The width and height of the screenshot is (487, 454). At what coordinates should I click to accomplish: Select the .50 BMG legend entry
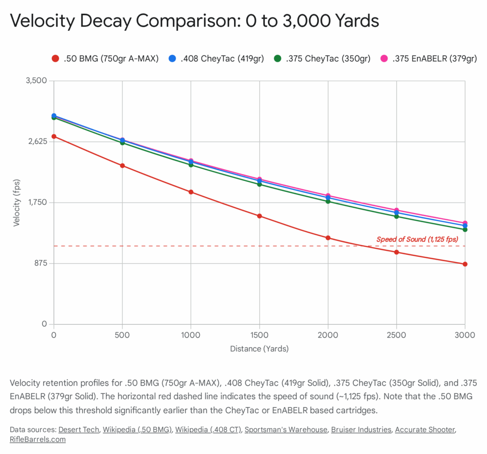(x=105, y=59)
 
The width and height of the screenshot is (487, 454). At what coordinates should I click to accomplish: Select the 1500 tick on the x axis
(x=259, y=335)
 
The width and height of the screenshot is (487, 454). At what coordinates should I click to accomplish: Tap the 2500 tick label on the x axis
(x=396, y=335)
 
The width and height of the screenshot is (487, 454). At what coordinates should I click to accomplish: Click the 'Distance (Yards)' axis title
(x=259, y=348)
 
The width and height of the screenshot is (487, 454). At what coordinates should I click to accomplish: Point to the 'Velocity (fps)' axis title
(x=17, y=203)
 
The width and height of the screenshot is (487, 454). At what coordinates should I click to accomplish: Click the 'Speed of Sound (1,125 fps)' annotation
(x=417, y=239)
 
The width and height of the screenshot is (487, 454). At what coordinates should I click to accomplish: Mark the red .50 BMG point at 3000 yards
(x=465, y=264)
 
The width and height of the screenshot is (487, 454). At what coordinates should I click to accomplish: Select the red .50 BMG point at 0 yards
(x=54, y=136)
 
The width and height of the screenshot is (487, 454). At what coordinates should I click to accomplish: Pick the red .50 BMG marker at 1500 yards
(x=260, y=216)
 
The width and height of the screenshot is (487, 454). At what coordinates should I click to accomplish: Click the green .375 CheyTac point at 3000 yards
(x=465, y=230)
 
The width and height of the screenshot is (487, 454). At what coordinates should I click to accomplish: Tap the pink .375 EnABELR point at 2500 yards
(x=397, y=210)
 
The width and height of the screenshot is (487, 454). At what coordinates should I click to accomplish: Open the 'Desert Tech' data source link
(x=79, y=430)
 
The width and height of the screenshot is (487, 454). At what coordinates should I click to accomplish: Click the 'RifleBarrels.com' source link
(x=38, y=439)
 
